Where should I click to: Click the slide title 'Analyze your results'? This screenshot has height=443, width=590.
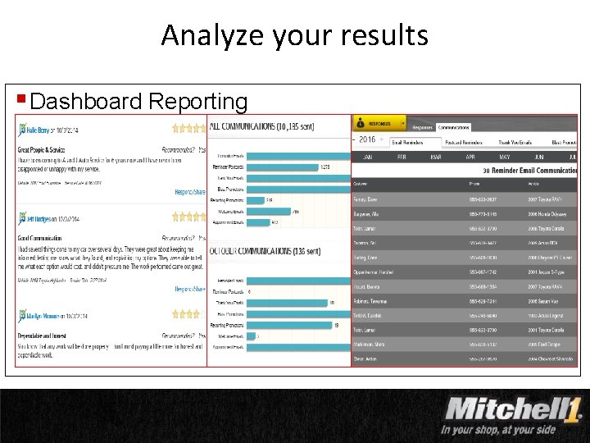(x=294, y=35)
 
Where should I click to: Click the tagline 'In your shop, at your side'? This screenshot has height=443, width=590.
(x=499, y=429)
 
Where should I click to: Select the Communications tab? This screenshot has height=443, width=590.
(x=453, y=127)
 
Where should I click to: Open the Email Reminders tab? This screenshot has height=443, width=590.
(x=407, y=142)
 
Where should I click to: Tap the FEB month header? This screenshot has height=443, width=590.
(x=402, y=156)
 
